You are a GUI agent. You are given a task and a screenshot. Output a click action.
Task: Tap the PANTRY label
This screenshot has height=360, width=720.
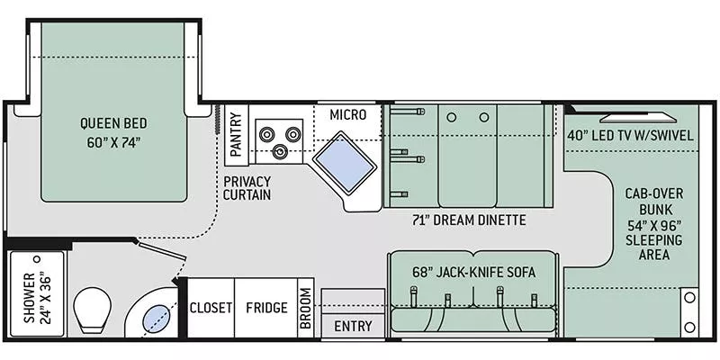(237, 135)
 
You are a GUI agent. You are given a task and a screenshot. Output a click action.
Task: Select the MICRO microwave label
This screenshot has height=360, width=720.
(346, 114)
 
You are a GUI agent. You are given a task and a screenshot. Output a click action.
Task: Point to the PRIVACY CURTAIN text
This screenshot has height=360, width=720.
(247, 186)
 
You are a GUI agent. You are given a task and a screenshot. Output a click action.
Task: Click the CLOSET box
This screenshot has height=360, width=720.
(211, 308)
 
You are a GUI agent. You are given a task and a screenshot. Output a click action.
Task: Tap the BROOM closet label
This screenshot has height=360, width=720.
(306, 309)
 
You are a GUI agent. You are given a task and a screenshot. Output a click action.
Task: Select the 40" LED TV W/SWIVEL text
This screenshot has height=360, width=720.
(629, 136)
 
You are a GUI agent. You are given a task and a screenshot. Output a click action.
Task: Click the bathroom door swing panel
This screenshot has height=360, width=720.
(163, 256)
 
